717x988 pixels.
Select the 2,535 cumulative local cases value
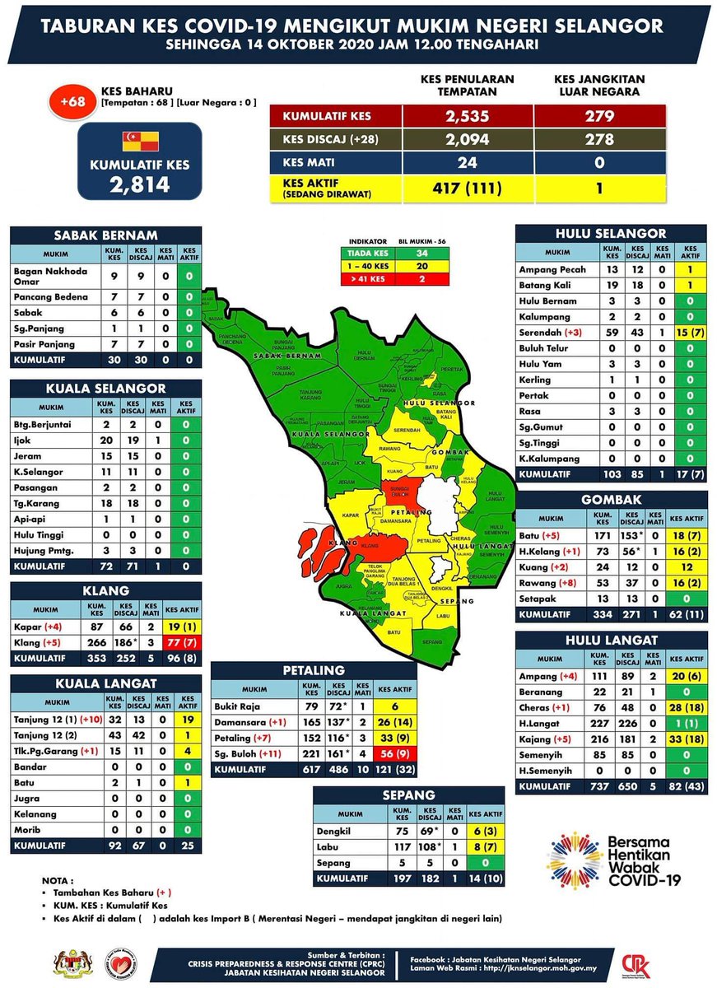point(467,115)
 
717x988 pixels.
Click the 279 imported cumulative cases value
point(599,115)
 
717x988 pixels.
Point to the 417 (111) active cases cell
point(467,188)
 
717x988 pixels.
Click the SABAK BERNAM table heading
point(105,234)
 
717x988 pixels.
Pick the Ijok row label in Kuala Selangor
point(24,440)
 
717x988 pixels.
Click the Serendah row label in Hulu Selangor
point(540,333)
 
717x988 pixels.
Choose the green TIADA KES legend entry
point(367,253)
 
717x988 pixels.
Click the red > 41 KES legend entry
point(367,279)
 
